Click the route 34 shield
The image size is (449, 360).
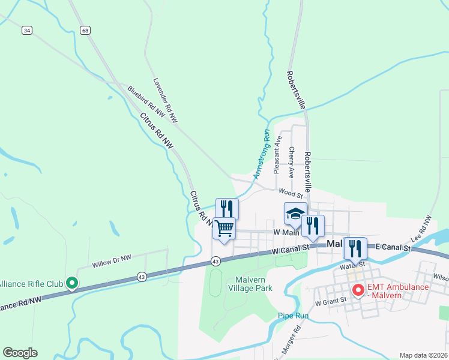click(26, 30)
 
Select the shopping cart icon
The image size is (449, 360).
click(224, 228)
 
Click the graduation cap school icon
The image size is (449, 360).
click(295, 214)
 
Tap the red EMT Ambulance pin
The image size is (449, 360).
click(358, 290)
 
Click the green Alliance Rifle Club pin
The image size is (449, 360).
click(71, 283)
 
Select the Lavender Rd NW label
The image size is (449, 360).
click(164, 101)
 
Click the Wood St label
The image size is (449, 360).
click(291, 193)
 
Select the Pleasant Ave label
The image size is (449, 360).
click(277, 154)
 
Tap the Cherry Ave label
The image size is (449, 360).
click(292, 162)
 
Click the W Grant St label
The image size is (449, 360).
click(330, 299)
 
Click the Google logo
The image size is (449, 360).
click(20, 353)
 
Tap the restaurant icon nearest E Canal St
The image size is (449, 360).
click(355, 248)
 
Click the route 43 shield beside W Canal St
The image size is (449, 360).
click(215, 261)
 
